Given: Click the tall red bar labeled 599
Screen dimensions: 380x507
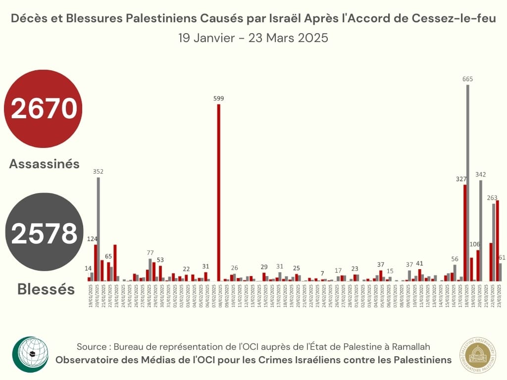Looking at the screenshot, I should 218,192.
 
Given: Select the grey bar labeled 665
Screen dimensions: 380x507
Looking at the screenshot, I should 467,183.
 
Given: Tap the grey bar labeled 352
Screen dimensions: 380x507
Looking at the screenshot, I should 98,229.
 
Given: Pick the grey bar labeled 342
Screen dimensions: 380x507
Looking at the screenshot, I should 480,231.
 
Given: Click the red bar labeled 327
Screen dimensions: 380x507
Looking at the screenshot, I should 465,233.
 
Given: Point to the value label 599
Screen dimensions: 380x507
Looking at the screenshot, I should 219,98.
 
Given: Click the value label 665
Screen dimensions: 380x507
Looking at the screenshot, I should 467,79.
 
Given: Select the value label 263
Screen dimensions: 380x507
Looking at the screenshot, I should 492,197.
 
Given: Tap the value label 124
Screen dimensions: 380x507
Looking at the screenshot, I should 93,239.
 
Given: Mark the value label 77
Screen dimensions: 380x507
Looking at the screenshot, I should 150,253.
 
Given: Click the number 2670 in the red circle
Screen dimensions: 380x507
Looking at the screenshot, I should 44,109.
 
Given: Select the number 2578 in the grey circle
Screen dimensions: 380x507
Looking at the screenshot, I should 44,234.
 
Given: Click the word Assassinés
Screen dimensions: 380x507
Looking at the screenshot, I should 44,164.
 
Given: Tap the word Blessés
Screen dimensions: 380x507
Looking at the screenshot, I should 46,289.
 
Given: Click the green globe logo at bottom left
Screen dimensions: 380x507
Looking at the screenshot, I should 31,354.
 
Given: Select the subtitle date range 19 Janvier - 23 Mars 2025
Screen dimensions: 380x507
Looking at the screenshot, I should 253,38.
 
